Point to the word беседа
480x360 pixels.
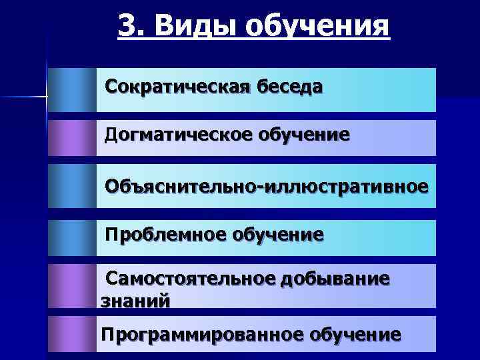click(x=289, y=87)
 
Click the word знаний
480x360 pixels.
click(x=135, y=300)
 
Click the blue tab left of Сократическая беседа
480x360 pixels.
click(x=72, y=89)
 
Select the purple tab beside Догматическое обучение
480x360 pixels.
click(x=72, y=137)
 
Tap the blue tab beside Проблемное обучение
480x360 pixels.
click(x=72, y=237)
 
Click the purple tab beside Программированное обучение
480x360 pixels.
click(x=72, y=333)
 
